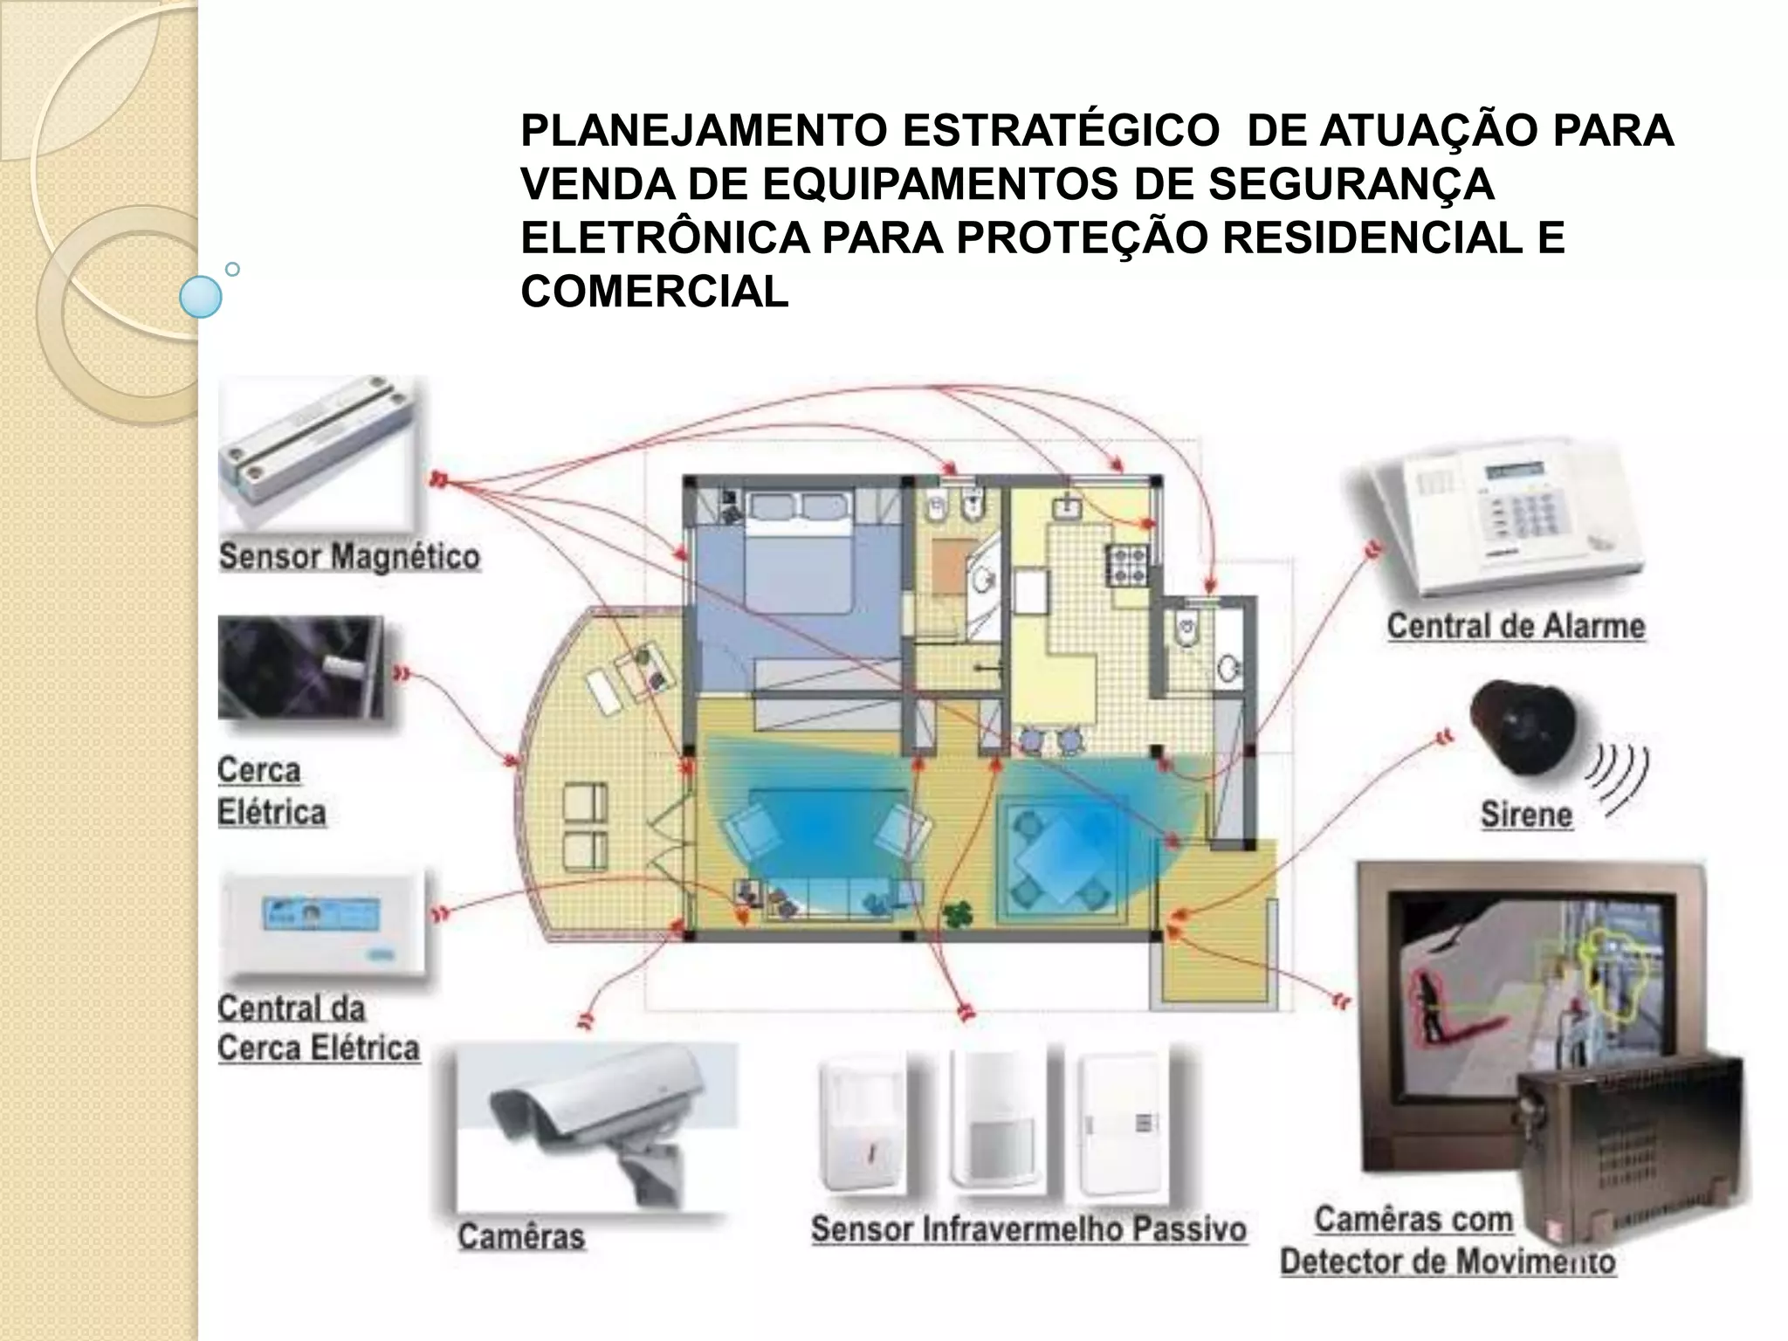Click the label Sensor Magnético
click(x=349, y=557)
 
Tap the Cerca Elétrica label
click(x=271, y=791)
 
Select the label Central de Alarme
click(x=1516, y=626)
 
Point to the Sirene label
click(x=1526, y=815)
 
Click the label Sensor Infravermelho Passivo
click(x=1028, y=1229)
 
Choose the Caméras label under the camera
click(x=521, y=1237)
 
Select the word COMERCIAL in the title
click(x=655, y=291)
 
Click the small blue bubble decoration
click(x=200, y=296)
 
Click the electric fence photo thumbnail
click(x=300, y=668)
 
